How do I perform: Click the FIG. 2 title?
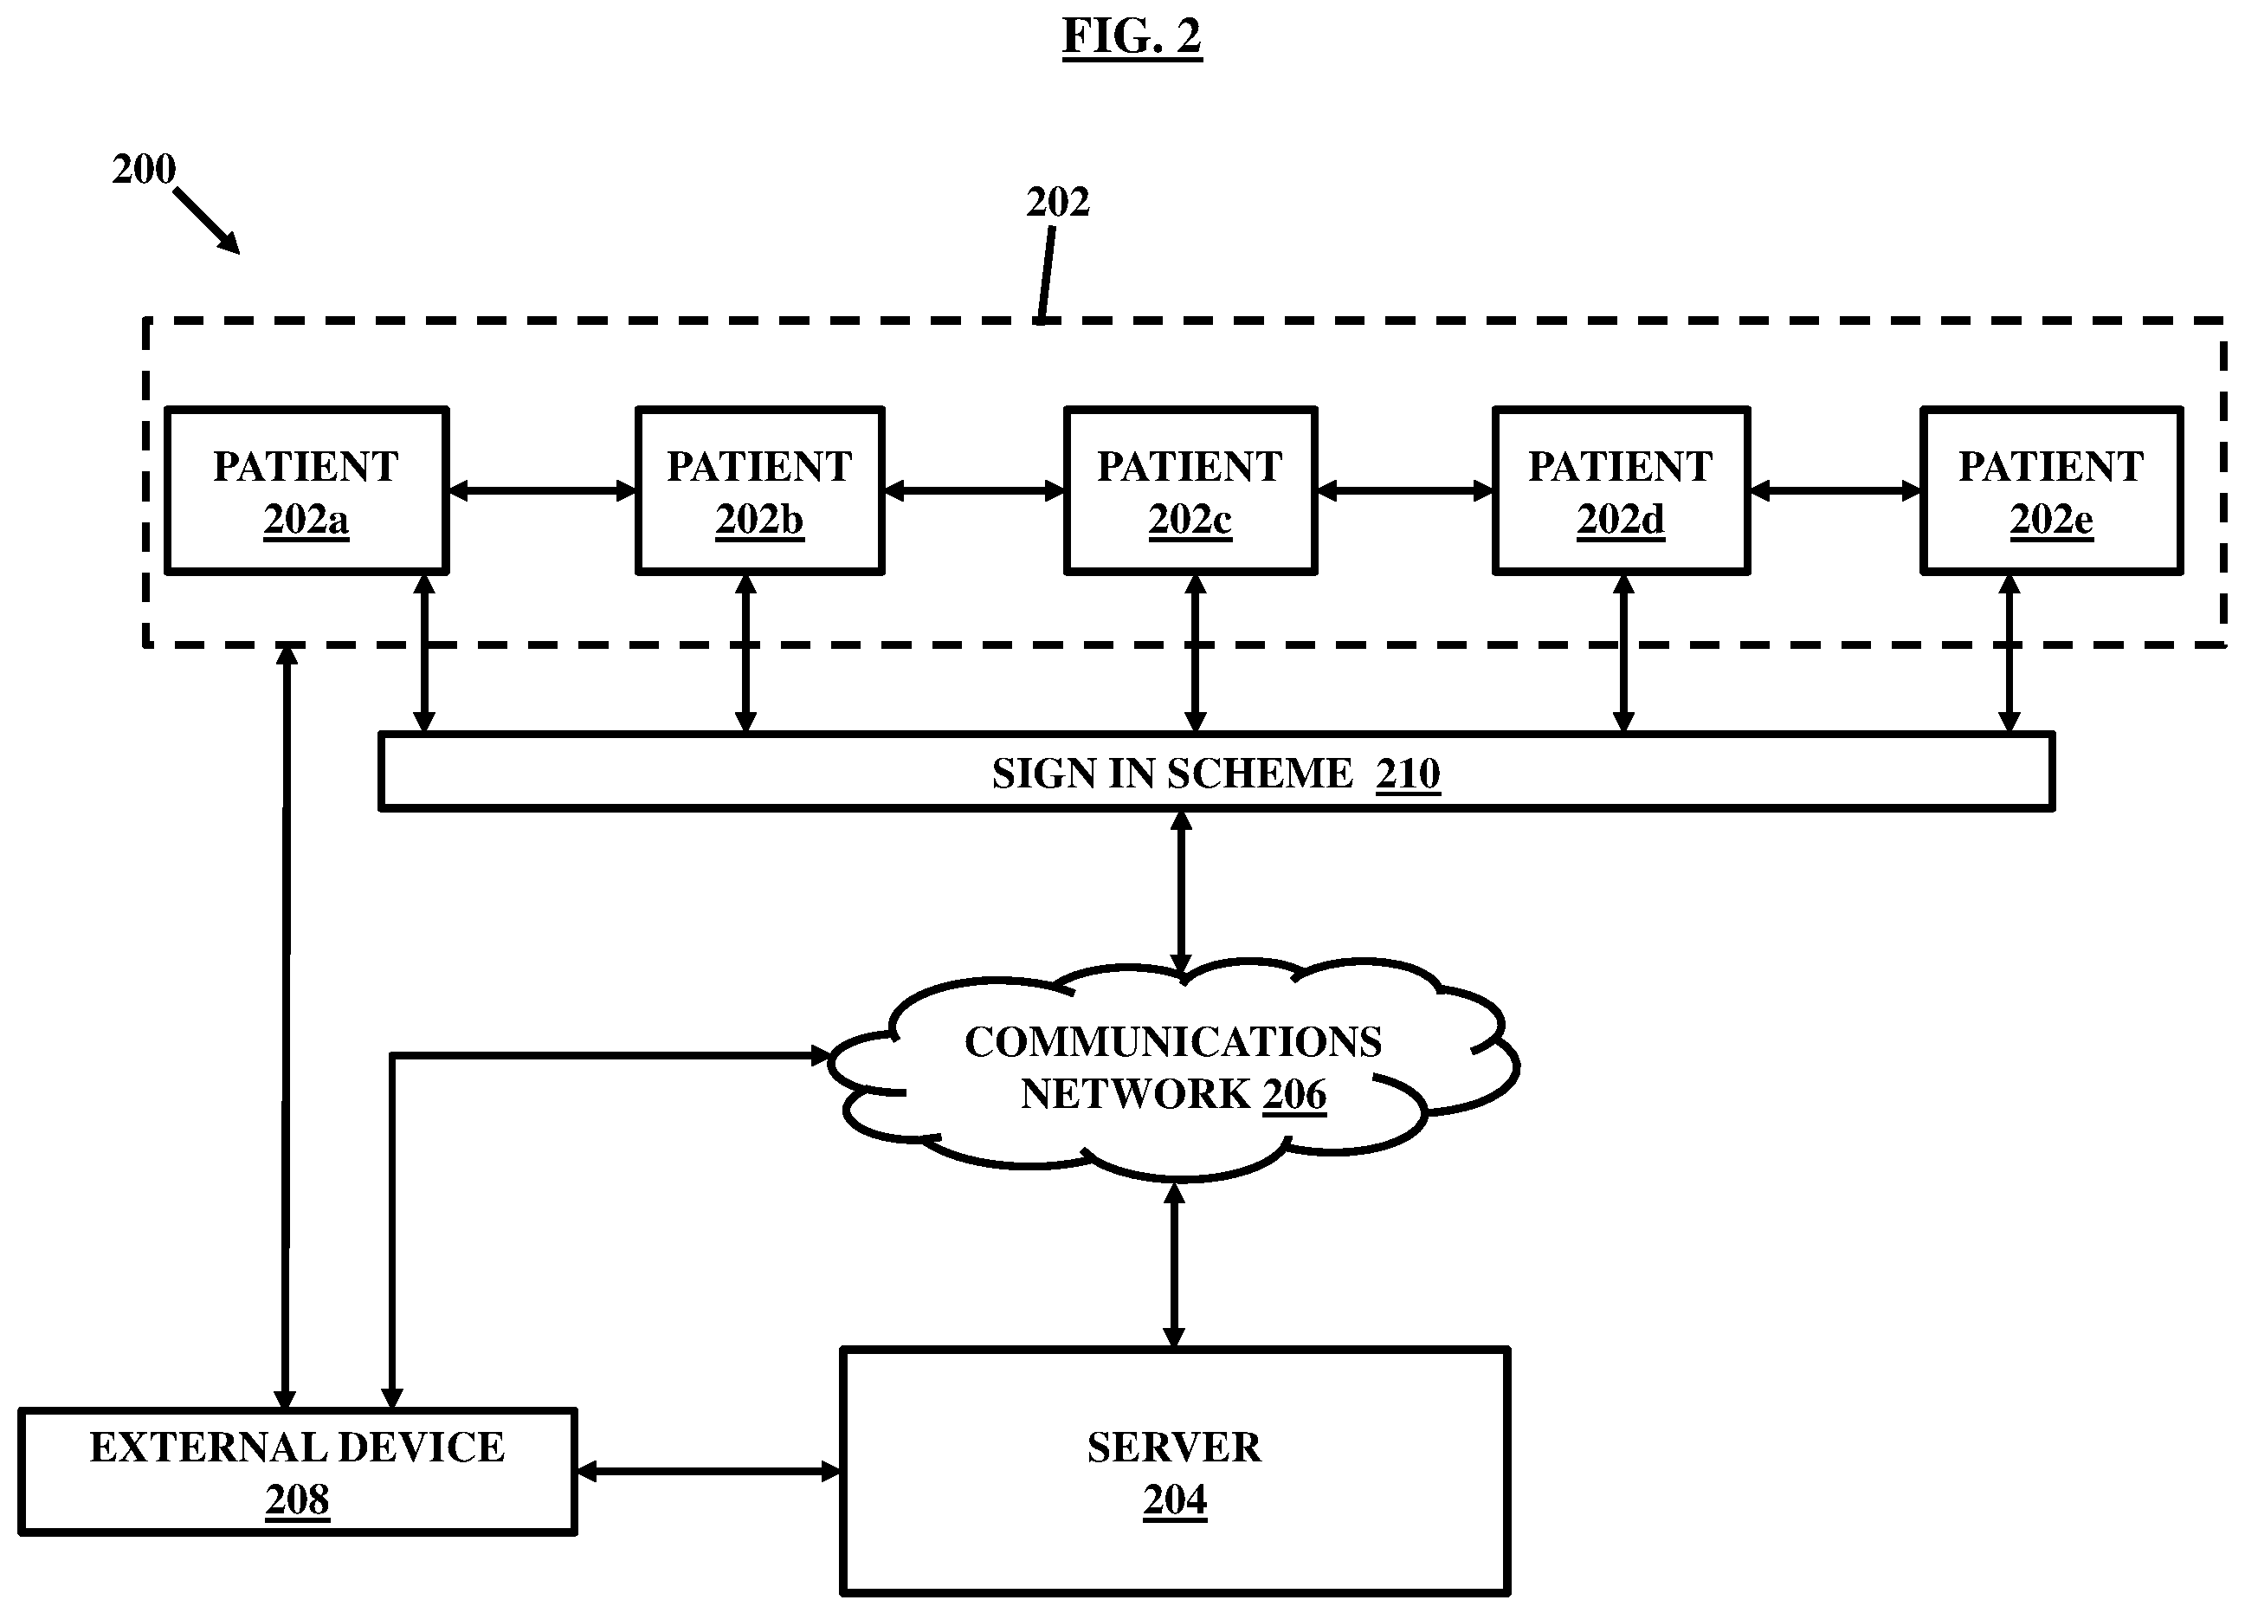click(1132, 37)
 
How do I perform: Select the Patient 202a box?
click(306, 490)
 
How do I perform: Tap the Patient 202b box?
click(760, 490)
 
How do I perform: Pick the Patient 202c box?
click(1190, 490)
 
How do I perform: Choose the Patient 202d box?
click(1622, 490)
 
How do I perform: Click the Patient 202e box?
click(2052, 490)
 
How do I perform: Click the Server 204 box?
click(1175, 1473)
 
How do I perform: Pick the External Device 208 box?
click(298, 1473)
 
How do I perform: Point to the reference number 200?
click(144, 169)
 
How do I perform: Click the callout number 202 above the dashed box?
click(1057, 202)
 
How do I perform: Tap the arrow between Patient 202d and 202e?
click(1835, 490)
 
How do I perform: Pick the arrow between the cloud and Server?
click(1174, 1265)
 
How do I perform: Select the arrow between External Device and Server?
click(707, 1472)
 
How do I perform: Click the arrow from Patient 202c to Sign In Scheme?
click(1195, 653)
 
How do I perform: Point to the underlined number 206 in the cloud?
click(1293, 1095)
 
